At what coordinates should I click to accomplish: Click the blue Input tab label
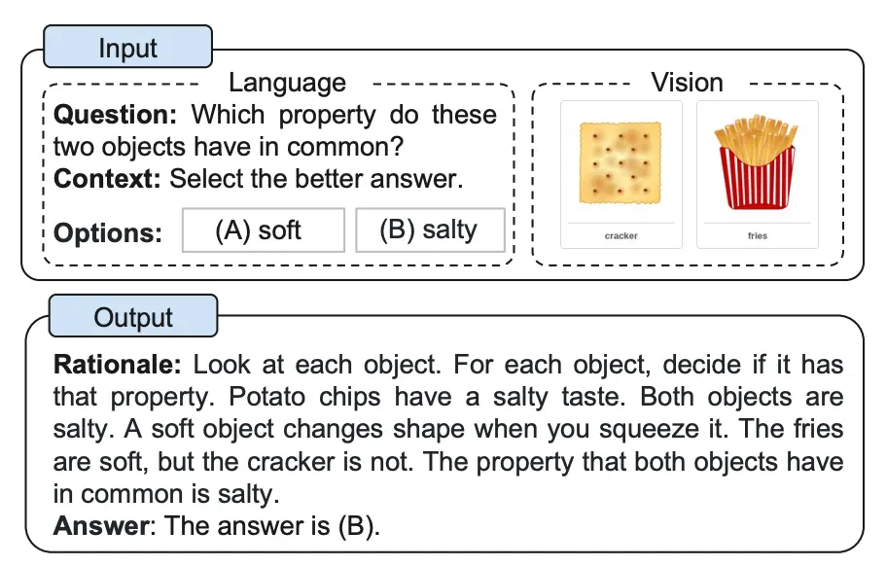(127, 47)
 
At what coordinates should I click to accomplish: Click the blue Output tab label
(133, 316)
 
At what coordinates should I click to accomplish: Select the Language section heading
(287, 83)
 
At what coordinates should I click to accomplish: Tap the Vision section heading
(687, 83)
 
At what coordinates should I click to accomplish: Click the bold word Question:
(116, 115)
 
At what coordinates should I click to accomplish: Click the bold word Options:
(108, 232)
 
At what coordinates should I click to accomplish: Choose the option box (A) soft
(263, 230)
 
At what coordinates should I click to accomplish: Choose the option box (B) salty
(430, 230)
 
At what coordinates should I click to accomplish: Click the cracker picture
(621, 162)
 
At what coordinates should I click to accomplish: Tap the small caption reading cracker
(621, 235)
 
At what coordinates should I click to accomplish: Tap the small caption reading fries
(758, 235)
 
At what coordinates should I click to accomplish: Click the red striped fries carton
(757, 177)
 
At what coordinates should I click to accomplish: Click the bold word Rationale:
(117, 364)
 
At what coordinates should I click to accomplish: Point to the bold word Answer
(102, 526)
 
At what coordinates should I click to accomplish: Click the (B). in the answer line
(359, 526)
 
